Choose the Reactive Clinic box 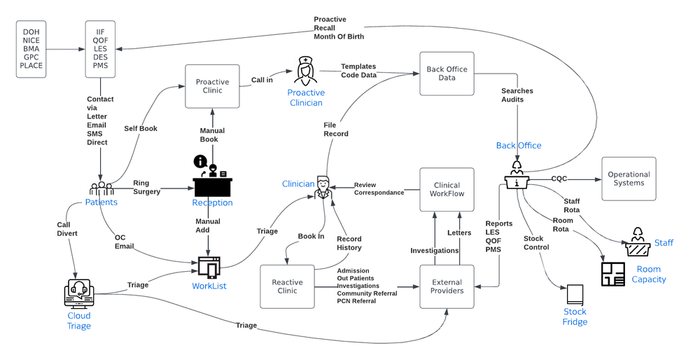click(287, 286)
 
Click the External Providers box click(447, 286)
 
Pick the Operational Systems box click(629, 179)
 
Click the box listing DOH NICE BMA click(31, 49)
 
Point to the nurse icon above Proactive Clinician click(305, 71)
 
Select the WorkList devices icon click(209, 268)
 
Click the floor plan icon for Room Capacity click(613, 274)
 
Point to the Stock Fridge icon click(575, 294)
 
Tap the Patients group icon click(101, 189)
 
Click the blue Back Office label click(519, 145)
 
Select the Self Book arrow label click(141, 129)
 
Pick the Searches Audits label click(517, 96)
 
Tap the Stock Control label click(536, 242)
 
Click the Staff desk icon click(638, 240)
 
